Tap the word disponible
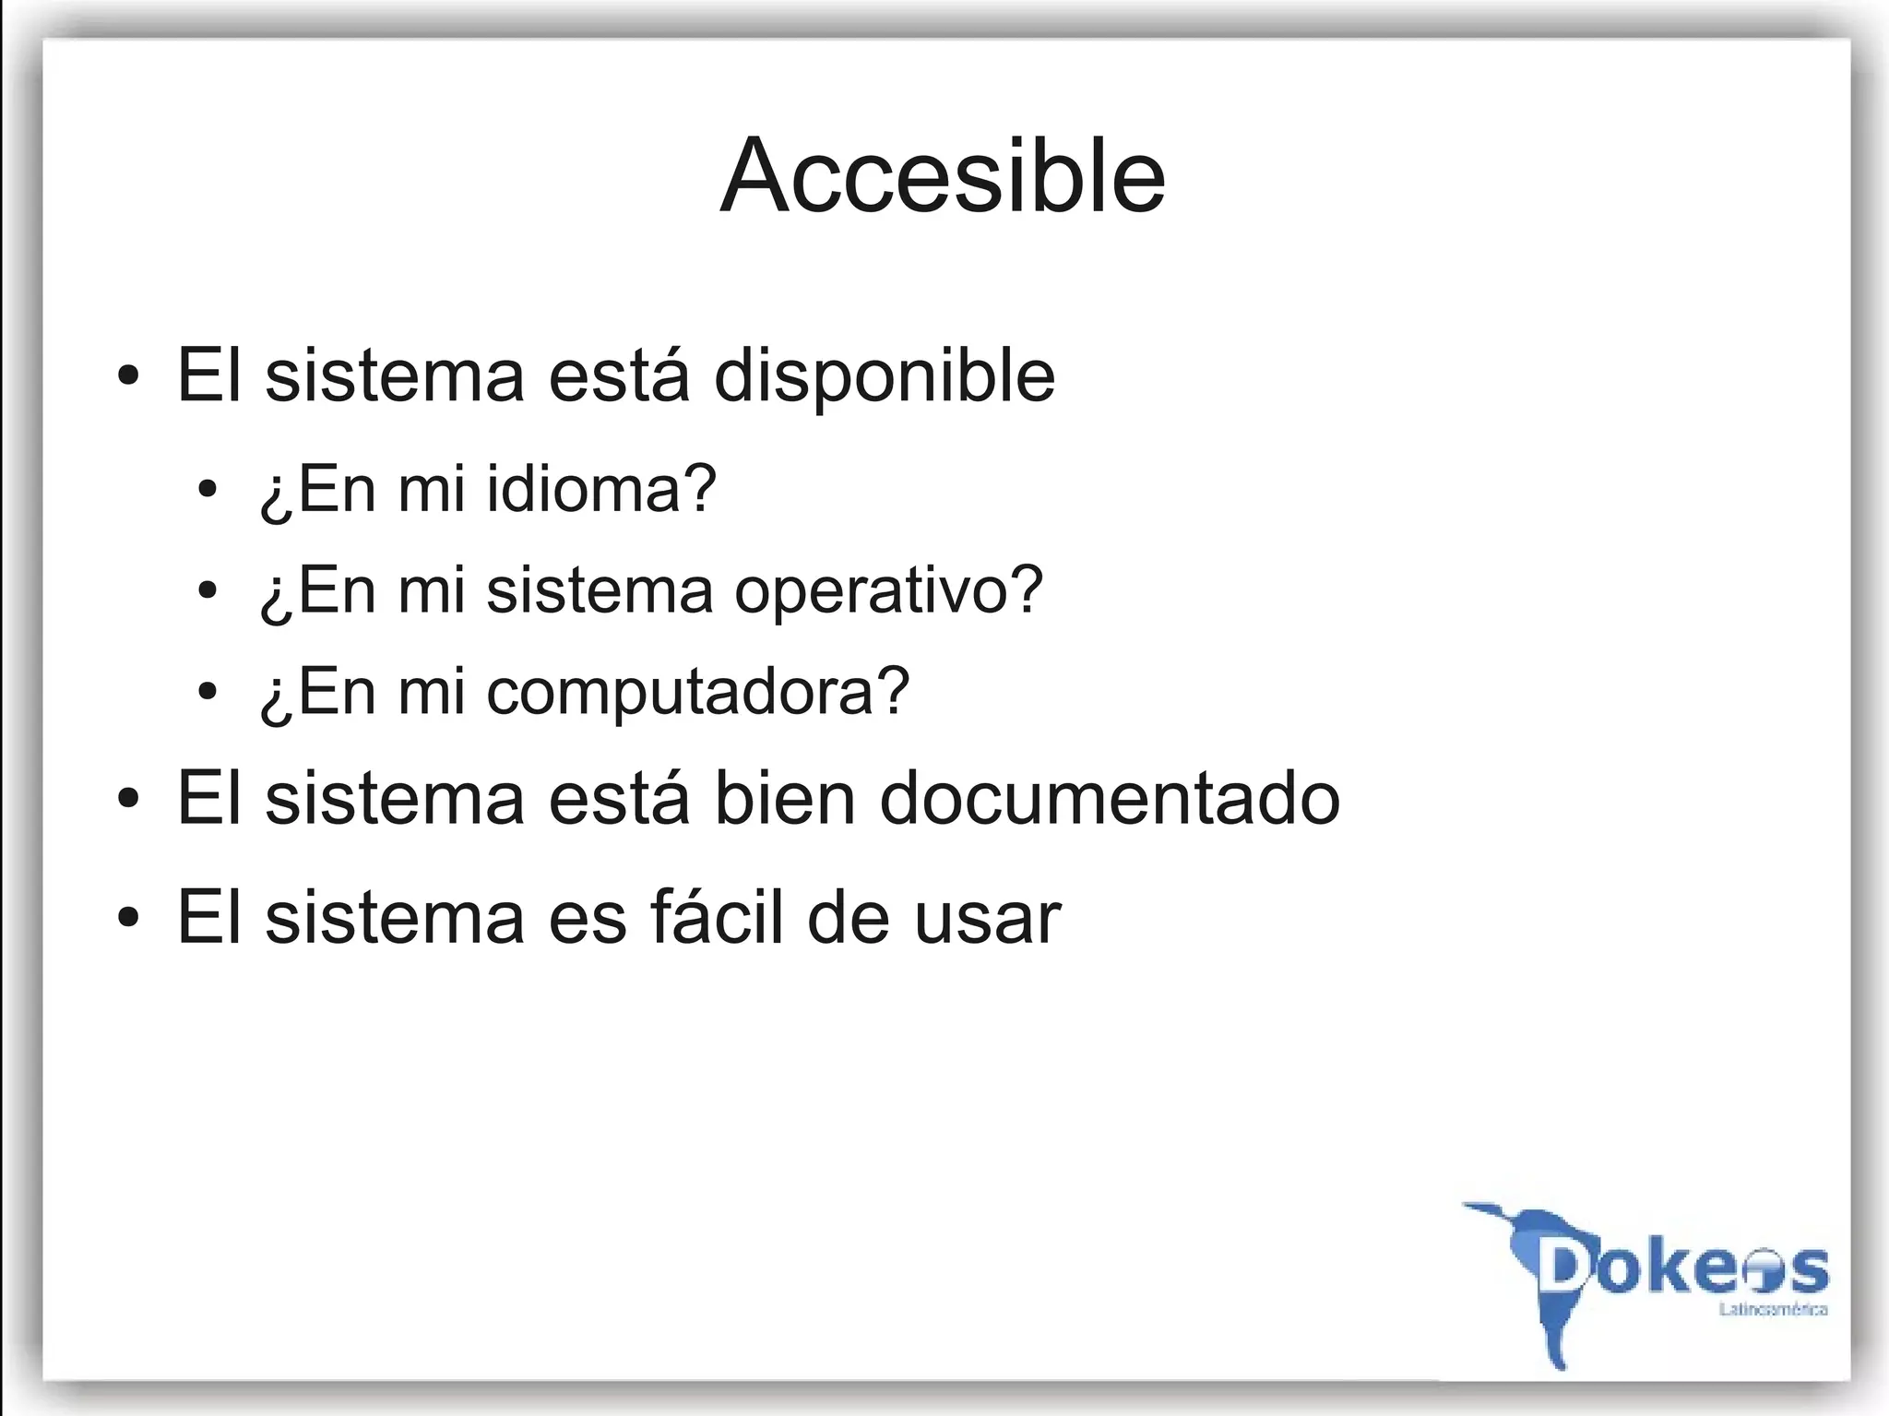(885, 375)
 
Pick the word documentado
(1109, 799)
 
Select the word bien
(784, 799)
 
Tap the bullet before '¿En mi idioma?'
(208, 489)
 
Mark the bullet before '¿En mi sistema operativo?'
(208, 590)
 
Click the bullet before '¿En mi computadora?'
(208, 691)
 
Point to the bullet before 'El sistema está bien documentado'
(129, 799)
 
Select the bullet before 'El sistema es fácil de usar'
(129, 918)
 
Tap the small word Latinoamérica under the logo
(1773, 1310)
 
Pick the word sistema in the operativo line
(600, 589)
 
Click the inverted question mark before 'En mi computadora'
(274, 696)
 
